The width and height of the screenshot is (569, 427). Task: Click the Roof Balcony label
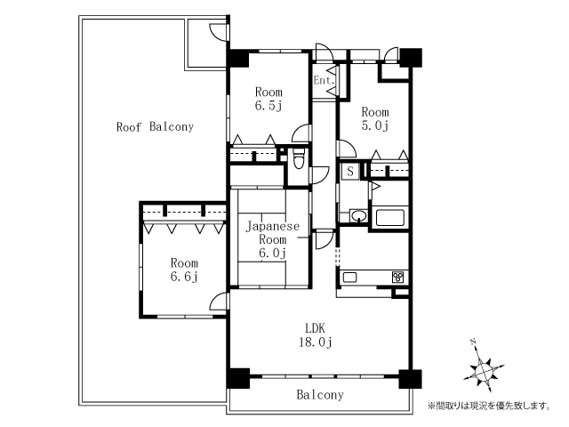point(155,126)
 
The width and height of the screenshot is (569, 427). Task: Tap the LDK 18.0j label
point(315,335)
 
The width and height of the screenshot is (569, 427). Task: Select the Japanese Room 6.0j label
point(273,239)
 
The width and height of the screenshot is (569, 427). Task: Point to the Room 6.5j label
point(268,99)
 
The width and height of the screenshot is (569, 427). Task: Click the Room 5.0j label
point(375,118)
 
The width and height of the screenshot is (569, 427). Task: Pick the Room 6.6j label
point(184,270)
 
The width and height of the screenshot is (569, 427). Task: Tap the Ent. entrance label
point(324,80)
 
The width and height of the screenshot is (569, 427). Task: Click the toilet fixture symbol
point(299,158)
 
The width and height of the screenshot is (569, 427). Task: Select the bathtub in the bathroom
point(390,217)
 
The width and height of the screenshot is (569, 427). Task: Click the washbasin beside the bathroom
point(359,215)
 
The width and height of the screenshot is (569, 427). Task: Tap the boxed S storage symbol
point(350,171)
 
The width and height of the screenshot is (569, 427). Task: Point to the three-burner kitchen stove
point(398,278)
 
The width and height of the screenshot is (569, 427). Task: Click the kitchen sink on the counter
point(349,278)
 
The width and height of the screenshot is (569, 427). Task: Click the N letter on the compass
point(472,342)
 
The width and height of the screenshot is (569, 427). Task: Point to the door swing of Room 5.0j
point(347,149)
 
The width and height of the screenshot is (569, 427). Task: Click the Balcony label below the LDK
point(320,395)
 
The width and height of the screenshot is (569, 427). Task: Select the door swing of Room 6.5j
point(302,133)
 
